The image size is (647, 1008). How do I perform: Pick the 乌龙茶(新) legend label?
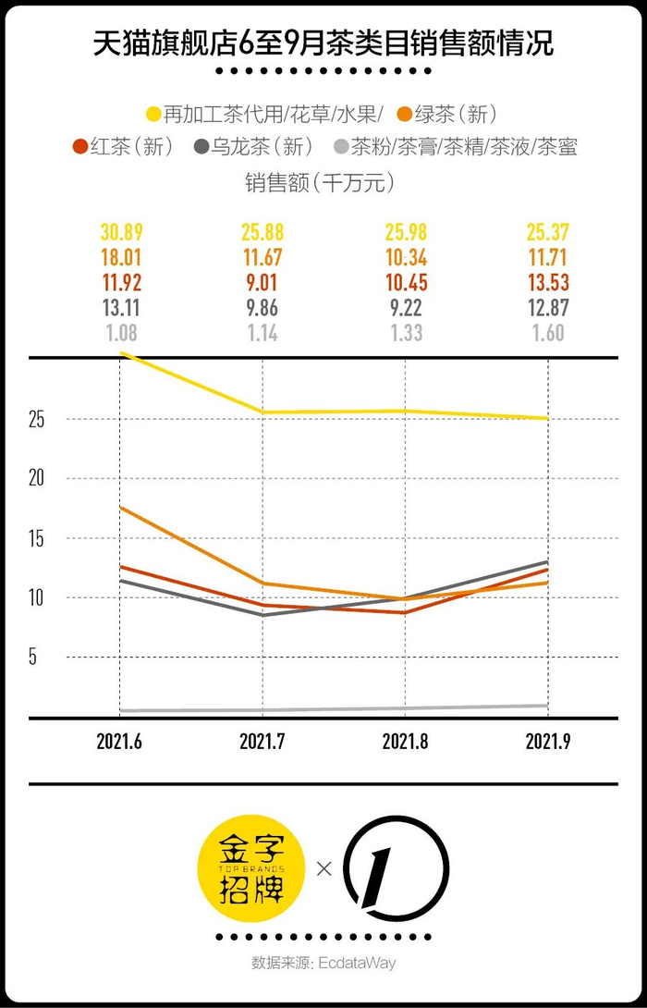click(x=264, y=146)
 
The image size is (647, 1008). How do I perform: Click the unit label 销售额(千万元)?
click(x=323, y=182)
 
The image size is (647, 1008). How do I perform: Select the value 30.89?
click(x=121, y=233)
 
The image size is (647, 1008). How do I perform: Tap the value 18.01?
click(x=121, y=258)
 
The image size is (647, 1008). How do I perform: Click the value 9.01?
click(x=262, y=283)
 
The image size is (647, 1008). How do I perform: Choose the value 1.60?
click(x=548, y=333)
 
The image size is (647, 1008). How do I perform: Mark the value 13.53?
click(x=548, y=283)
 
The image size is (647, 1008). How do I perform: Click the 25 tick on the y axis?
click(x=37, y=419)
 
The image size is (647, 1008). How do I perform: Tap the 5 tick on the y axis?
click(x=37, y=658)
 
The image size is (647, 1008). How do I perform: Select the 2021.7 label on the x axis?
click(x=262, y=742)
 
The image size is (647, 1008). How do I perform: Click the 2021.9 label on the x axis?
click(x=548, y=742)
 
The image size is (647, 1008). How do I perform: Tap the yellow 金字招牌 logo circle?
click(x=252, y=867)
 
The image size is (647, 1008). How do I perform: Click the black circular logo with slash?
click(x=396, y=867)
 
